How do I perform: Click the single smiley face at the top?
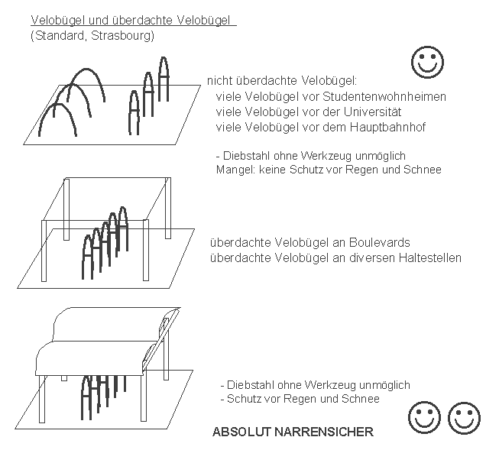[427, 62]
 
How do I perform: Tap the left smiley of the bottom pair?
[424, 417]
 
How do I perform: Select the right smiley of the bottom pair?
[464, 417]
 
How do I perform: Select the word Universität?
[373, 112]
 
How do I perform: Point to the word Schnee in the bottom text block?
[361, 399]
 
